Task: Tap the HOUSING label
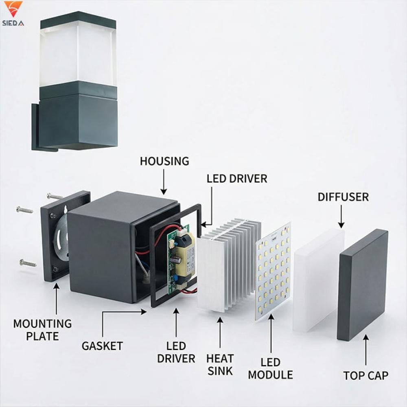pos(164,161)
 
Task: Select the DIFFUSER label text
pos(343,197)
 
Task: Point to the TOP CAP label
pos(365,375)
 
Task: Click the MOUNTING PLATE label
pos(42,330)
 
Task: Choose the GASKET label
pos(102,346)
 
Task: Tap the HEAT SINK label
pos(220,365)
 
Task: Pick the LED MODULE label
pos(270,368)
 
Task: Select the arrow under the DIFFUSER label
pos(341,216)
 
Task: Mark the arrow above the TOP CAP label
pos(365,350)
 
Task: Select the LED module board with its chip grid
pos(274,271)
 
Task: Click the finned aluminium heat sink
pos(228,265)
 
